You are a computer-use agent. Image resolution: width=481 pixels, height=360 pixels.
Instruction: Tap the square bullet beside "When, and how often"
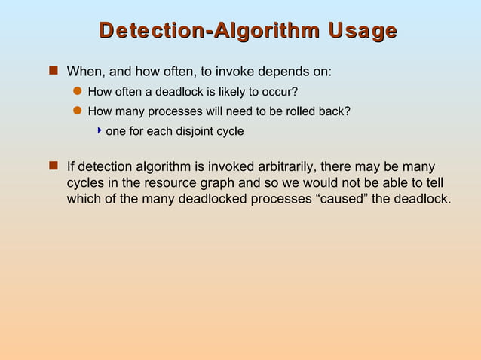53,72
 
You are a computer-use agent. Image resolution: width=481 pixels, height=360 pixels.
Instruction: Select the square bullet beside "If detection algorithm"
53,166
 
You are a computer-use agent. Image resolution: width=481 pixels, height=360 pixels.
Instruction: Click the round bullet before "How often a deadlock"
76,92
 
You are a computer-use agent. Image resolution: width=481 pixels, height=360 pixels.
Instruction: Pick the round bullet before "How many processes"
76,111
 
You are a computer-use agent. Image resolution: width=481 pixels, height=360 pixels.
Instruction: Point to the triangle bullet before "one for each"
100,130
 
